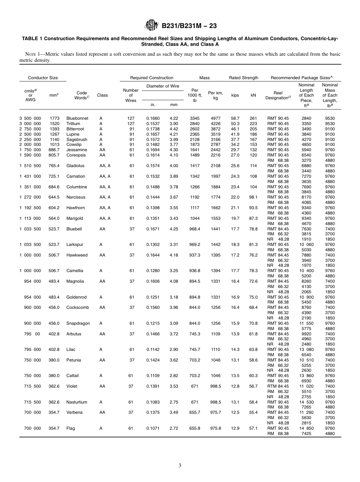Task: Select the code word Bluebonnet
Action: click(77, 118)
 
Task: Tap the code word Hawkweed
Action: click(77, 255)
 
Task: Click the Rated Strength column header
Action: click(243, 78)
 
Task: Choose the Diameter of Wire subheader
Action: click(163, 86)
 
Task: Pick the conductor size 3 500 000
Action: click(30, 118)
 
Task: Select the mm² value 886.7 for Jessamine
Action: click(54, 150)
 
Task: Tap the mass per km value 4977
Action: click(216, 118)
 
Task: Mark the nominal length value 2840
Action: click(306, 118)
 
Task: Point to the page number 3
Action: click(180, 466)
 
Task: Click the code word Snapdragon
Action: click(78, 323)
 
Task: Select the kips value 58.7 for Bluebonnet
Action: click(235, 118)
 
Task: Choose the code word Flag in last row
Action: click(70, 428)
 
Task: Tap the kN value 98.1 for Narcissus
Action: click(253, 197)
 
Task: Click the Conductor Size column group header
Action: click(43, 78)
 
